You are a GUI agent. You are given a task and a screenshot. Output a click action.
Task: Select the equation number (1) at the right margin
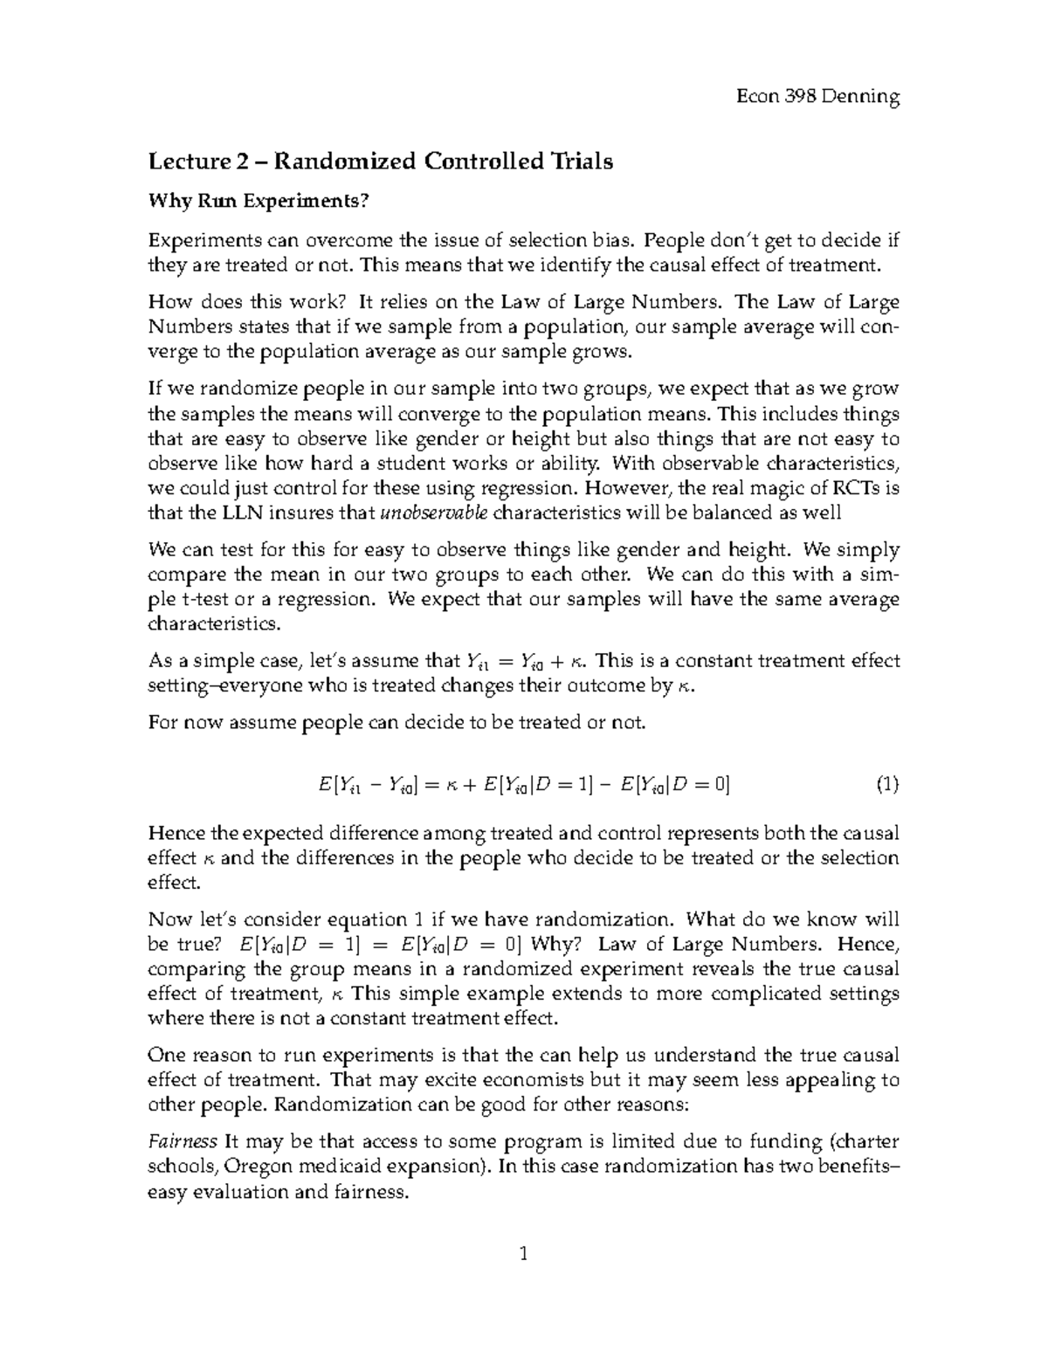point(886,785)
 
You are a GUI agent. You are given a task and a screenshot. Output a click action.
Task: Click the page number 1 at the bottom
point(524,1255)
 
